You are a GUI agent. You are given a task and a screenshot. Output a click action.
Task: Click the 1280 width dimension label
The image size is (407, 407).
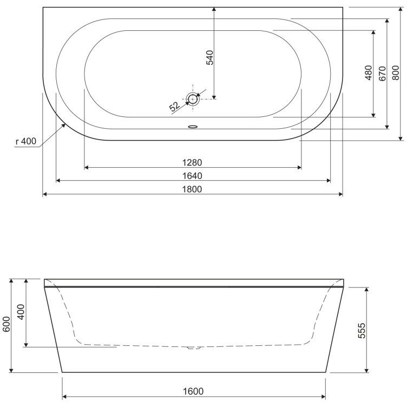193,162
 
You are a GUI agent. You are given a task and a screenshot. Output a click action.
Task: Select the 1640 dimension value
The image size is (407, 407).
193,175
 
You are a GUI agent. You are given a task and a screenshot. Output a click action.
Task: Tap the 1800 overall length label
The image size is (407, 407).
193,189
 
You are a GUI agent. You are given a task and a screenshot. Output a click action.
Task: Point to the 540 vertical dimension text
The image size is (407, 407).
210,57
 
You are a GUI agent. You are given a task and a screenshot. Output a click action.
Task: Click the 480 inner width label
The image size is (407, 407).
369,73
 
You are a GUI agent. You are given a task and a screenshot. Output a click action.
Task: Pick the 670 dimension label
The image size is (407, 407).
382,73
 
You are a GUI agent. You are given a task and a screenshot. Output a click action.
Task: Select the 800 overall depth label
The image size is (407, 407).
396,71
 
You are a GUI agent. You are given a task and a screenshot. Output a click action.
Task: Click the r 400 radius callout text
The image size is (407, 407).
25,142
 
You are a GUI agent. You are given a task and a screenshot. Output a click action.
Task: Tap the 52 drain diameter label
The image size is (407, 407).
174,107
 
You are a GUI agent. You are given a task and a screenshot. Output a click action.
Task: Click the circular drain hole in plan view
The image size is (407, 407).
193,99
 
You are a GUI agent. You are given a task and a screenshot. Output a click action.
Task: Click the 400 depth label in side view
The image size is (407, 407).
22,313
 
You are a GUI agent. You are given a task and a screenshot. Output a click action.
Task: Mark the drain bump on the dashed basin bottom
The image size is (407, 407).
193,347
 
